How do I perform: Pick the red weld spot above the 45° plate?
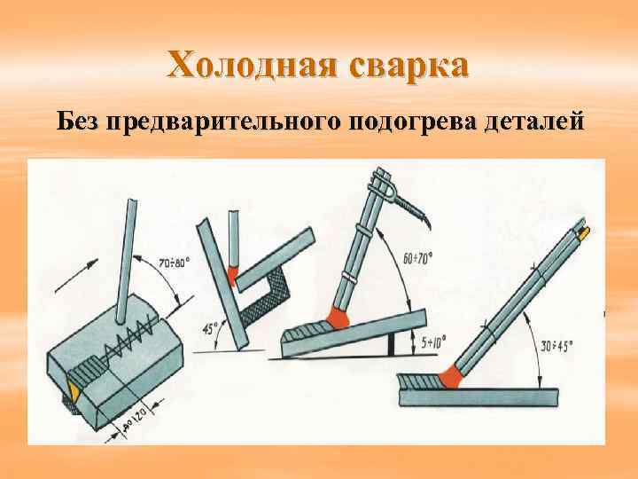[x=233, y=273]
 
